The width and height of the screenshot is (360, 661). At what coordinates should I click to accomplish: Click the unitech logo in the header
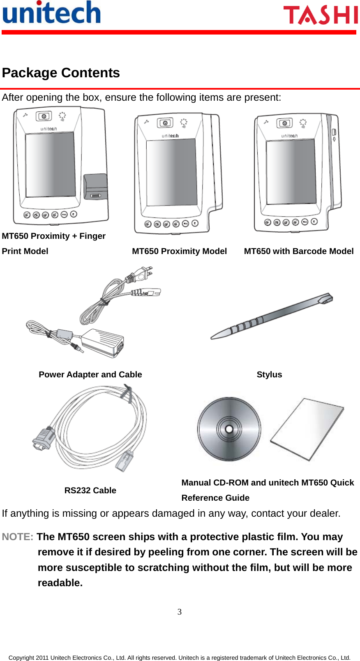click(x=51, y=13)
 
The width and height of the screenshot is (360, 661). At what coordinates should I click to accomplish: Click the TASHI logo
click(x=321, y=15)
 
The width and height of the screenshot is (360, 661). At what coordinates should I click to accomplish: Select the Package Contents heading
click(x=61, y=73)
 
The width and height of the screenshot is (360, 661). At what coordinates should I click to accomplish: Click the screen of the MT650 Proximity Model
click(x=171, y=172)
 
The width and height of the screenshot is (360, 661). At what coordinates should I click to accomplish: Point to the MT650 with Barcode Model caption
click(x=298, y=251)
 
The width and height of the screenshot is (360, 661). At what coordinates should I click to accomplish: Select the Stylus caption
click(x=269, y=374)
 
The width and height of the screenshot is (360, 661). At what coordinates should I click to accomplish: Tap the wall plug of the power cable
click(x=142, y=273)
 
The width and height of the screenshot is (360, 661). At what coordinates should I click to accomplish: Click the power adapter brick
click(x=103, y=342)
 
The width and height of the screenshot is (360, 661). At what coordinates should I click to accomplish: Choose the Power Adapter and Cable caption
click(x=90, y=374)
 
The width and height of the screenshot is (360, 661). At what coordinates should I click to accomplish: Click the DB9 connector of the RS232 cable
click(x=44, y=438)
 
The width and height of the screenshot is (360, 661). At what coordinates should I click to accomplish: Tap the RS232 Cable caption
click(x=90, y=490)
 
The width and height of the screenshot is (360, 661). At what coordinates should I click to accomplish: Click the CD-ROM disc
click(x=229, y=429)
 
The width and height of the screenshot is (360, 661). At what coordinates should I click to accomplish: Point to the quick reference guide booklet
click(x=307, y=428)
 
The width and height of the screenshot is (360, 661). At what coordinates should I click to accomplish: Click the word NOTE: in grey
click(x=18, y=537)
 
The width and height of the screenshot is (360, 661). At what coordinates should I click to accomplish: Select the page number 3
click(x=180, y=612)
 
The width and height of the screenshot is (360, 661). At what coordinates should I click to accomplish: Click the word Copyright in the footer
click(x=21, y=658)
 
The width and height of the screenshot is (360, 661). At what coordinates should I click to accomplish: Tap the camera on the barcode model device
click(x=284, y=123)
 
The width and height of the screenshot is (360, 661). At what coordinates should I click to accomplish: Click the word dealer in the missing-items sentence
click(x=325, y=513)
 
